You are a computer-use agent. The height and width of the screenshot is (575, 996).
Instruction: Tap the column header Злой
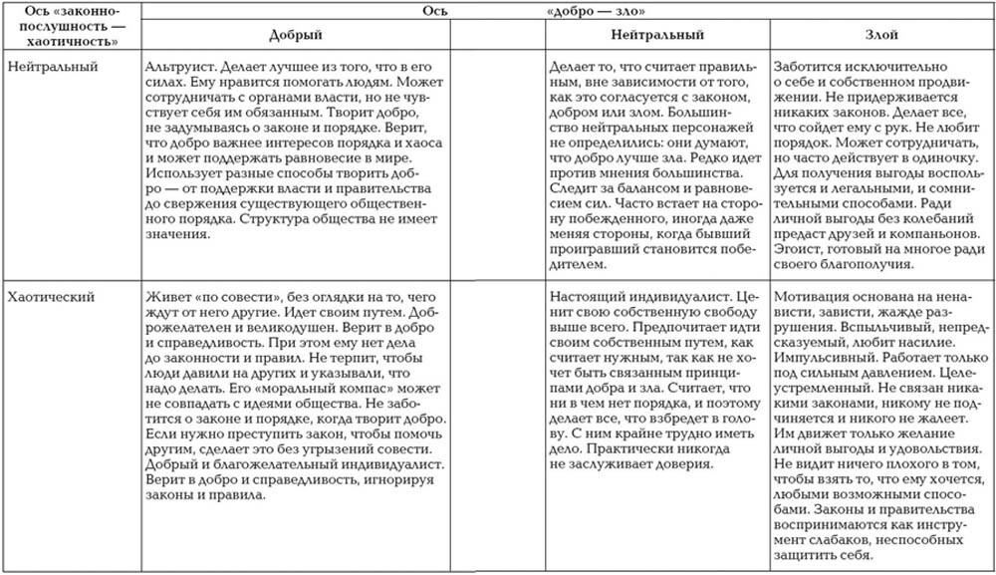pos(880,34)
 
